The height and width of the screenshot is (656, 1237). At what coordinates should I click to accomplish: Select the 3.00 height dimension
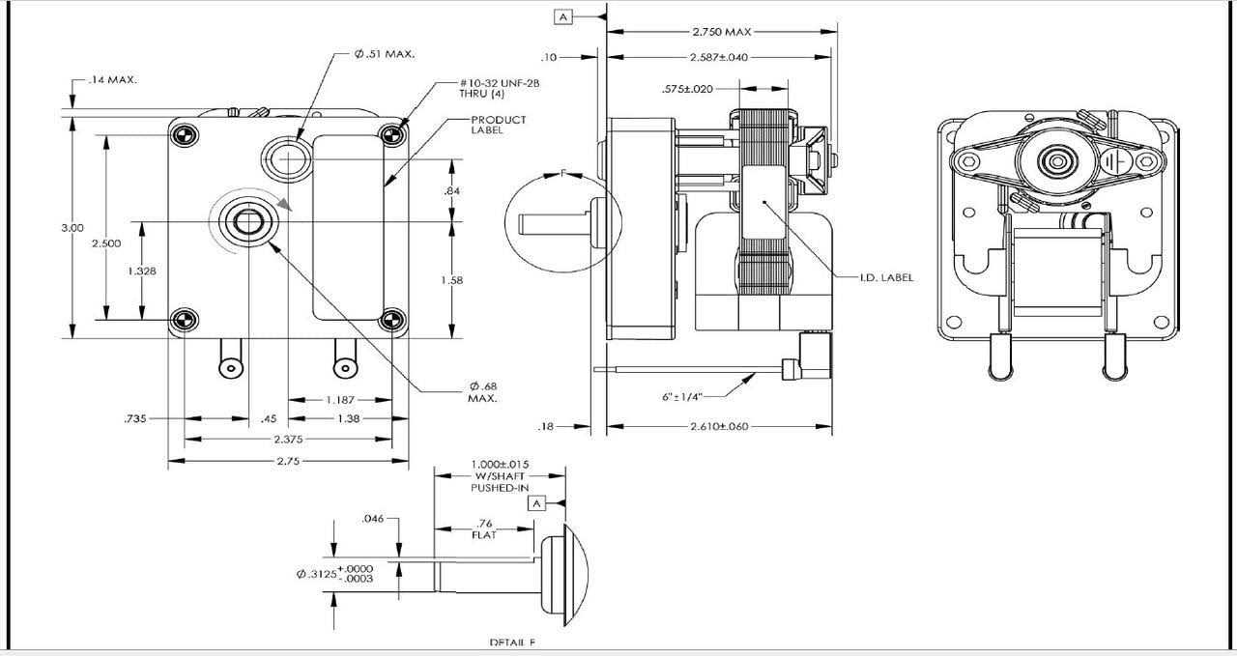coord(72,227)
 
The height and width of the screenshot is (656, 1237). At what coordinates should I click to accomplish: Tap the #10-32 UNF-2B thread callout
coord(500,89)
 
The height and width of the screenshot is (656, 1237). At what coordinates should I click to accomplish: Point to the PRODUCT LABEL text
coord(499,125)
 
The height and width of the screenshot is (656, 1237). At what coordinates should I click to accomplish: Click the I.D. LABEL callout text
coord(885,277)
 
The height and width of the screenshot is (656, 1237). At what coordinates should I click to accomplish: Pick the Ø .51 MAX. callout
coord(385,54)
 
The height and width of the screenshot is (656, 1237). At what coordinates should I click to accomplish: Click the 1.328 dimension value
coord(141,271)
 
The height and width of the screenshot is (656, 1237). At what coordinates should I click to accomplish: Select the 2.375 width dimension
coord(289,440)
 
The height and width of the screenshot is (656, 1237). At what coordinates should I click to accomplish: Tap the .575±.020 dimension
coord(687,89)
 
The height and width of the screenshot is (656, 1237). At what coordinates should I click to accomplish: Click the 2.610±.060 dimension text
coord(720,426)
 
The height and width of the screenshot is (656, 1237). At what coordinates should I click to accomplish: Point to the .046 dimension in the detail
coord(373,519)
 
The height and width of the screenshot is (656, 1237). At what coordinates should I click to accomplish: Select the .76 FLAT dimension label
coord(484,528)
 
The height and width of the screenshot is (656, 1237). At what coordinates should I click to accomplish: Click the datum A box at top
coord(564,16)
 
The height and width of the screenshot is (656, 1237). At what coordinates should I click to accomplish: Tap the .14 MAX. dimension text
coord(112,80)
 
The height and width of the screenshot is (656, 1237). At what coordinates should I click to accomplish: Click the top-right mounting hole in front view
coord(391,134)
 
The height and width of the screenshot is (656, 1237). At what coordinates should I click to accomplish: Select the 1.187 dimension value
coord(339,399)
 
